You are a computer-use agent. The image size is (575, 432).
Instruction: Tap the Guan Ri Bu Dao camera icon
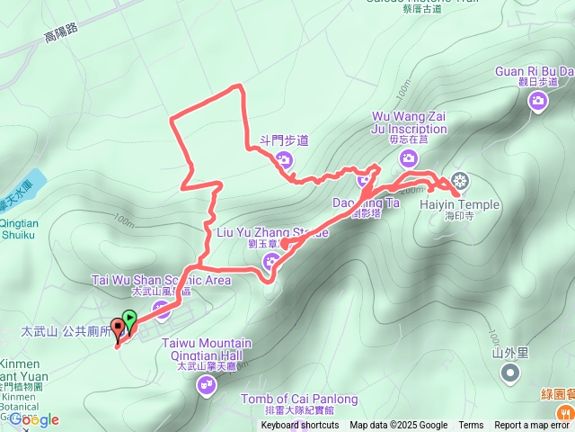point(538,101)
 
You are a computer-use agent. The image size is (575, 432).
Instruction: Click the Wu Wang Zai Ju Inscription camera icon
point(409,157)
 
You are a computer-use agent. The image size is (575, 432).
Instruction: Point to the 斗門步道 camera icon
point(284,161)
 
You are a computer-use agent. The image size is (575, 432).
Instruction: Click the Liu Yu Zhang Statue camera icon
point(271,262)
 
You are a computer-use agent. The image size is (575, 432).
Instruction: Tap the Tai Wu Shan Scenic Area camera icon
point(162,310)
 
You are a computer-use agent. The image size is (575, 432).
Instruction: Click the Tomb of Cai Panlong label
point(299,399)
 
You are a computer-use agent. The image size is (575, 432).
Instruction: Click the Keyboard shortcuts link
point(300,426)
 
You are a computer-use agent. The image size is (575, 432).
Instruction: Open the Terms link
point(471,426)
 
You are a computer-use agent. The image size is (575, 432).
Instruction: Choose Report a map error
point(533,426)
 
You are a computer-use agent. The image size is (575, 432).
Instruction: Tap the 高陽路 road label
point(61,34)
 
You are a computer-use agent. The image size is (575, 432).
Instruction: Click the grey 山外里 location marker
point(510,372)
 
